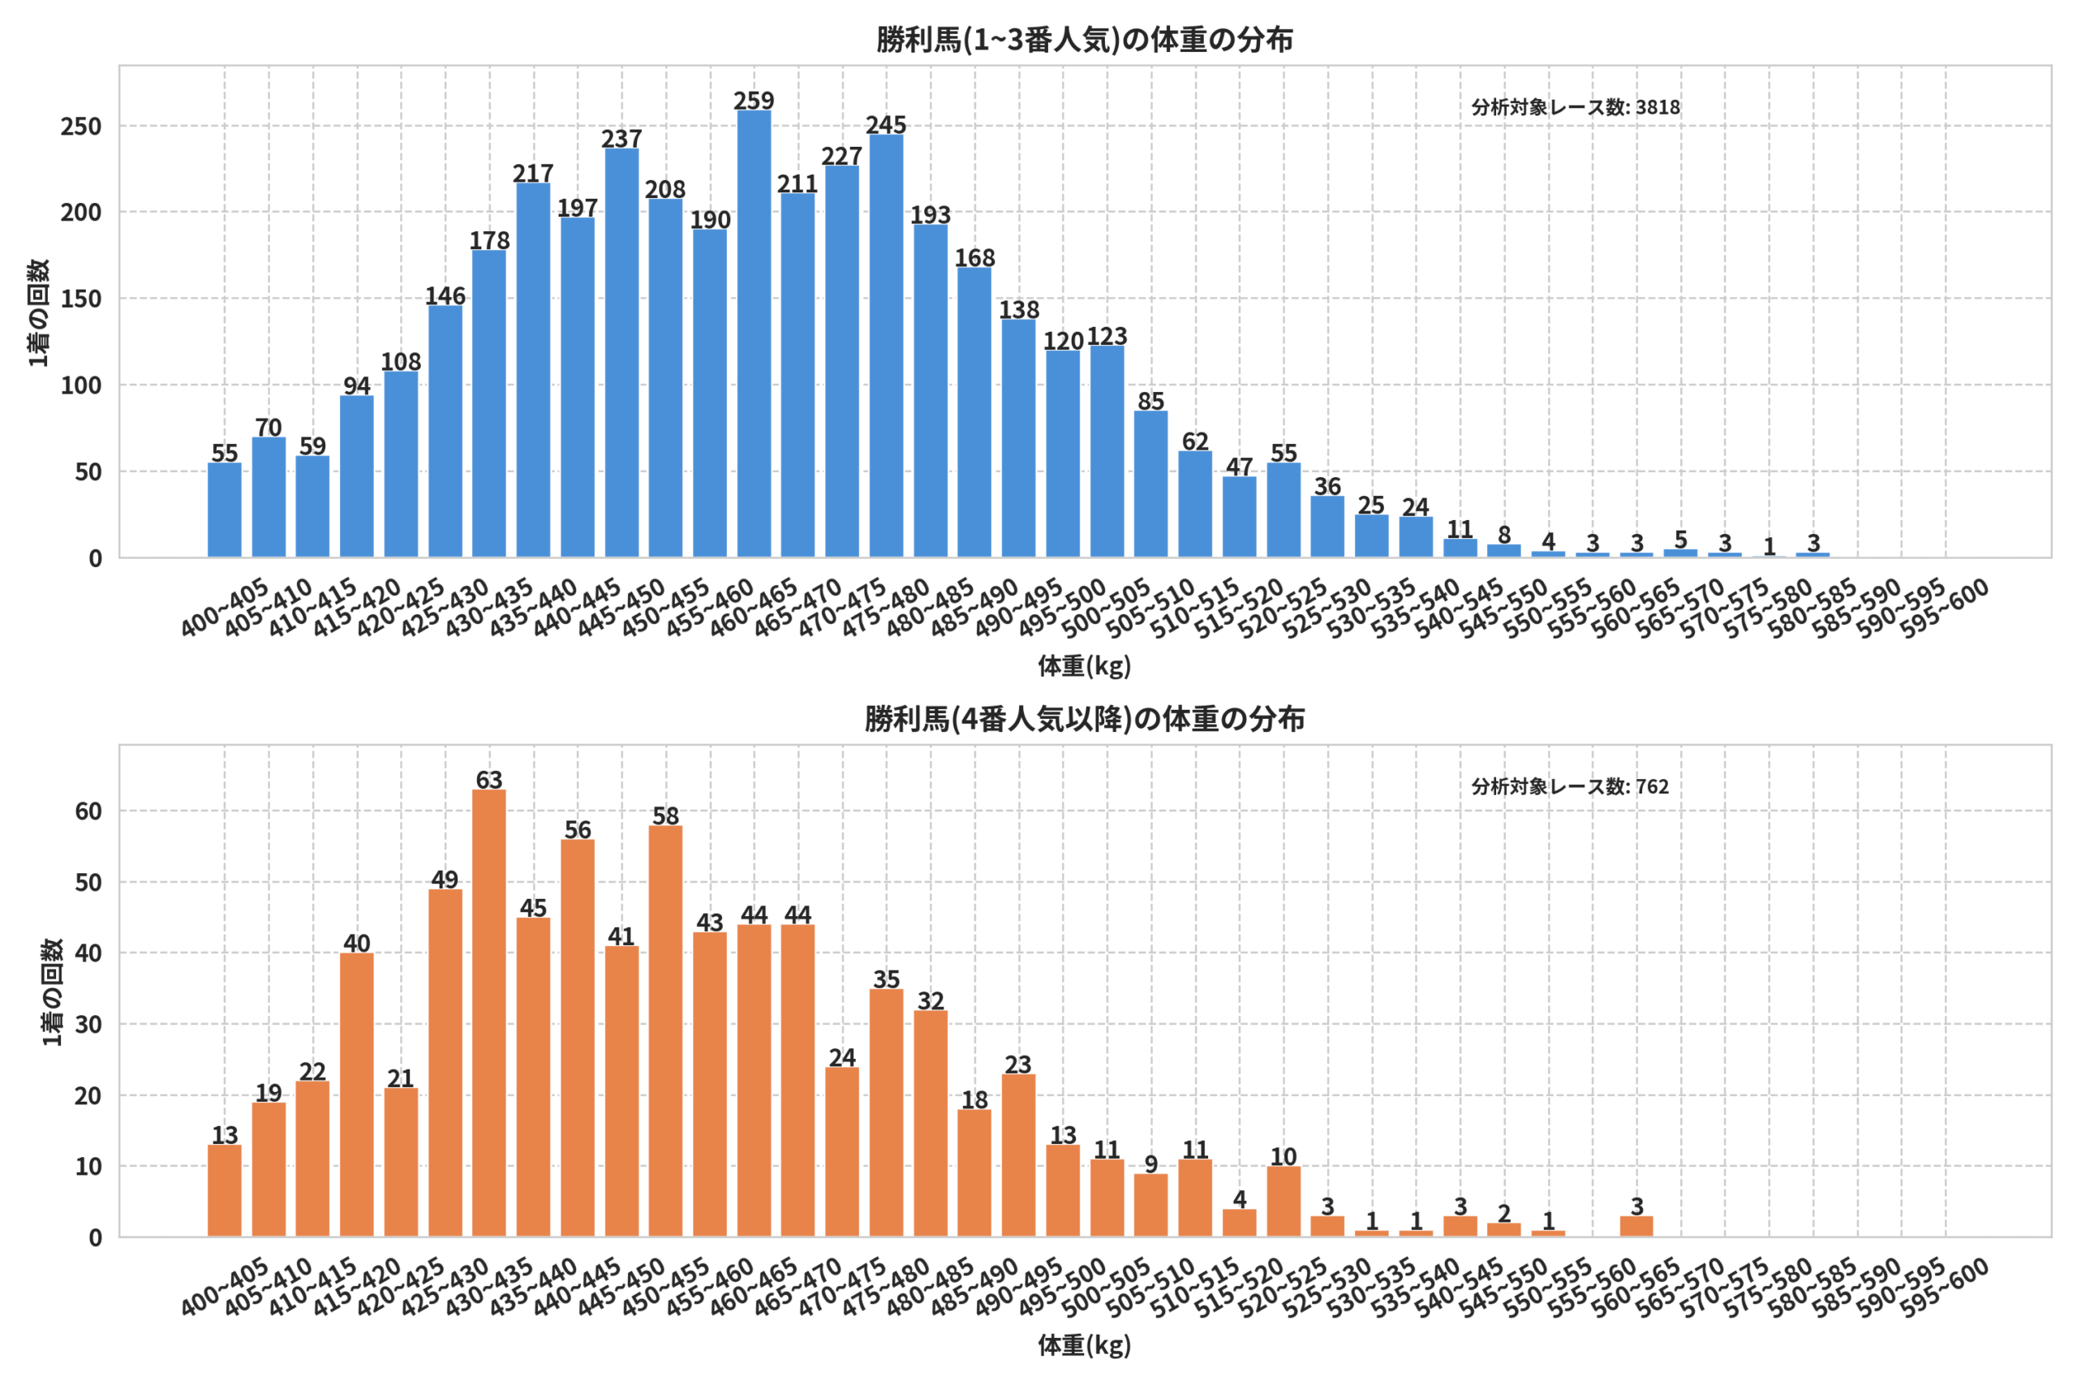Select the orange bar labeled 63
(x=489, y=1013)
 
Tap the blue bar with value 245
(x=886, y=346)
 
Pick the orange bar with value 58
(x=665, y=1030)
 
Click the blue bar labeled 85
(x=1150, y=484)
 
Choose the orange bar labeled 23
(x=1018, y=1155)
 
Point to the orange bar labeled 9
(x=1150, y=1205)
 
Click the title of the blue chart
(x=1085, y=40)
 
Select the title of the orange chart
(x=1085, y=719)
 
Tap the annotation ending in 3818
(x=1576, y=107)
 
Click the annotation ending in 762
(x=1570, y=786)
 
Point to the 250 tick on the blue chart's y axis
(x=81, y=127)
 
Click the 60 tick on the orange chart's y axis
(x=88, y=811)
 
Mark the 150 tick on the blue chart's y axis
(x=81, y=299)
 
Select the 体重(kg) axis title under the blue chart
(x=1085, y=665)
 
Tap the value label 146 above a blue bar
(x=445, y=295)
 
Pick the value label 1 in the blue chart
(x=1769, y=547)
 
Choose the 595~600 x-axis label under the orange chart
(x=1945, y=1288)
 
